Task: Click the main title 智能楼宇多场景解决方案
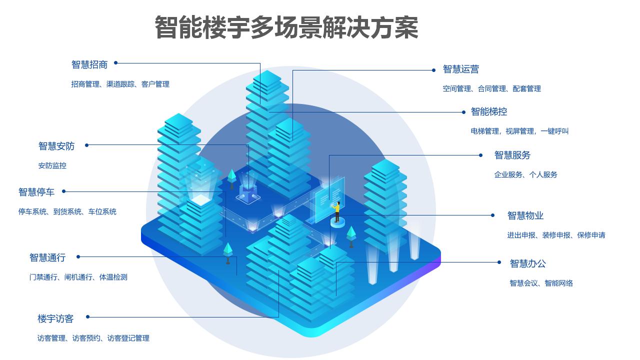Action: pos(286,27)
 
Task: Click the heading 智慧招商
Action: pos(89,64)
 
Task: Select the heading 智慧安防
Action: pos(56,146)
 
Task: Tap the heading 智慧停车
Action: pos(36,192)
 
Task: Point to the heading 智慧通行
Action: pos(47,257)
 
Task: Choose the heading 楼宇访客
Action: pos(55,318)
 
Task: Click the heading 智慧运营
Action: pos(460,69)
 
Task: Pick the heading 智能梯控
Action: pos(488,111)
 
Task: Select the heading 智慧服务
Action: pos(512,155)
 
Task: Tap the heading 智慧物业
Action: pos(525,215)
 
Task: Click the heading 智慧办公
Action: pos(527,263)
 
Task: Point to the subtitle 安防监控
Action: pos(52,165)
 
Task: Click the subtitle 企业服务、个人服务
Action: pos(525,174)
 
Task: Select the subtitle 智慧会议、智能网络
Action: pos(541,283)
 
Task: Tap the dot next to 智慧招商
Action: pos(115,63)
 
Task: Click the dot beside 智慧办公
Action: pos(499,262)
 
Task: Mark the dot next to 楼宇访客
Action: pos(87,316)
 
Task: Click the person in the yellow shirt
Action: pos(337,211)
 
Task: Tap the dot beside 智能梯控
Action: pos(464,112)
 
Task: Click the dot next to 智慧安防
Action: pos(86,145)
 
